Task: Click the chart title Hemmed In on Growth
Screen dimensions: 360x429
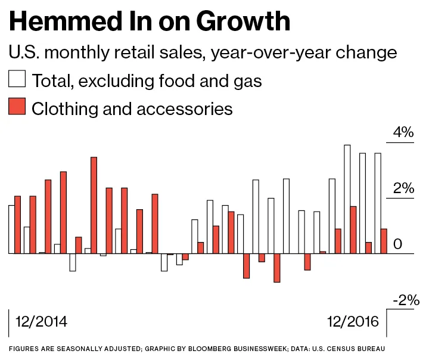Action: point(150,22)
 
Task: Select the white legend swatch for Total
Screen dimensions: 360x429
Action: point(17,80)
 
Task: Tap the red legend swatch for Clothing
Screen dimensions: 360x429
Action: point(17,108)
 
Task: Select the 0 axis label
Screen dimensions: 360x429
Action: point(398,244)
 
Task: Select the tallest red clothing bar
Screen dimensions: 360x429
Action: point(94,205)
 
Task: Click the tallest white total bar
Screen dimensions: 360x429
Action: point(347,199)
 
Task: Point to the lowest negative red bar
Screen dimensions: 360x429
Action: point(276,268)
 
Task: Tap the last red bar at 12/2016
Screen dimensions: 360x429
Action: point(383,241)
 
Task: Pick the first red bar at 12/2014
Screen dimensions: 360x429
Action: point(18,225)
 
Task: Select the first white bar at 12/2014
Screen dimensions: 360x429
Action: point(11,229)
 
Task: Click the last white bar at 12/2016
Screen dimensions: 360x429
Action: point(377,203)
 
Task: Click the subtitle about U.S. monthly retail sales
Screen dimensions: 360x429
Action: point(203,52)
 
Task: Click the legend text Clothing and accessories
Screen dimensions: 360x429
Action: point(132,108)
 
